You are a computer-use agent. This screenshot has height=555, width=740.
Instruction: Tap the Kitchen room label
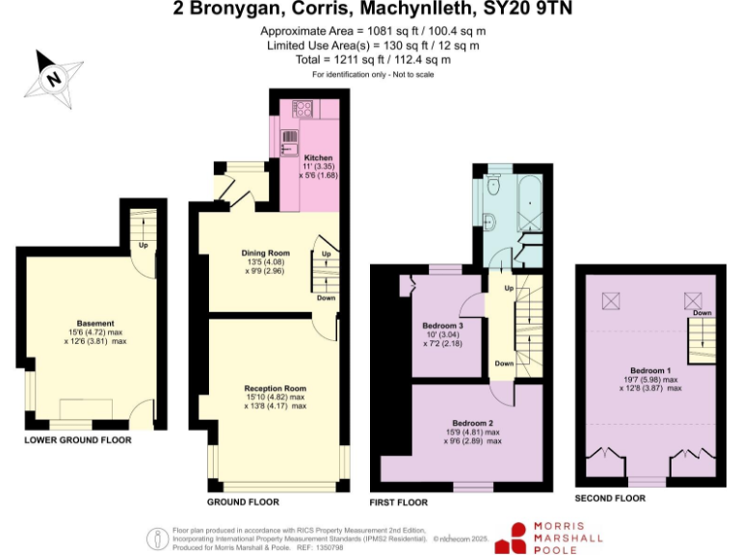pos(318,157)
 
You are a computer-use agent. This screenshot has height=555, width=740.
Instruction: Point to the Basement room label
pos(95,323)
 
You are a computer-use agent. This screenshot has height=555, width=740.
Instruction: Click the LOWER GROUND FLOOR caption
pos(78,439)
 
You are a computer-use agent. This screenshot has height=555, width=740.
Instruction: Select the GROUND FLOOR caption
pos(243,502)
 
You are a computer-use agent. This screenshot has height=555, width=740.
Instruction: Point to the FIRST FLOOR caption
pos(400,502)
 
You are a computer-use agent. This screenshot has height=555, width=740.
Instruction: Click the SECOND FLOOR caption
pos(609,498)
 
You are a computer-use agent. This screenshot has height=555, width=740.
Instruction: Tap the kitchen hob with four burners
pos(299,108)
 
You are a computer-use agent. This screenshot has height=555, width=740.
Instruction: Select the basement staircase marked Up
pos(143,231)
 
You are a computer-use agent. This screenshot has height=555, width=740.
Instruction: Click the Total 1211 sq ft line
pos(373,59)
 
